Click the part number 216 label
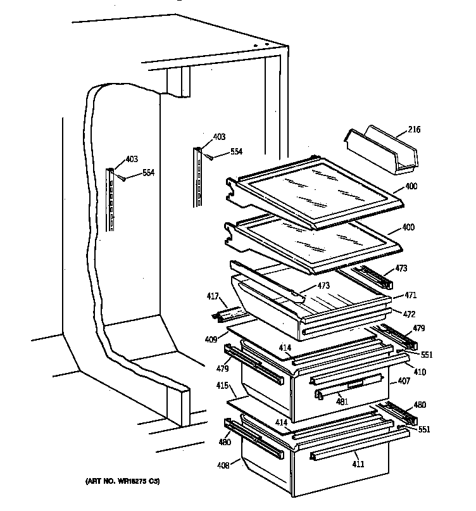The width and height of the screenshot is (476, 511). click(x=414, y=130)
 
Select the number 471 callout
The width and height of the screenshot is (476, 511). click(x=411, y=296)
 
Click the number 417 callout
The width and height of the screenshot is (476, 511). click(x=213, y=294)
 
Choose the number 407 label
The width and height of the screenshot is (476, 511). click(x=404, y=382)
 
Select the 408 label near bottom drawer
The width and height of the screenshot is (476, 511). click(x=222, y=465)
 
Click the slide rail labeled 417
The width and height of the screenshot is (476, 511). click(x=229, y=314)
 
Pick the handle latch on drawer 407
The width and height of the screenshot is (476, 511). click(x=320, y=396)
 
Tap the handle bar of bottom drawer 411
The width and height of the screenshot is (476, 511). click(x=349, y=450)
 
